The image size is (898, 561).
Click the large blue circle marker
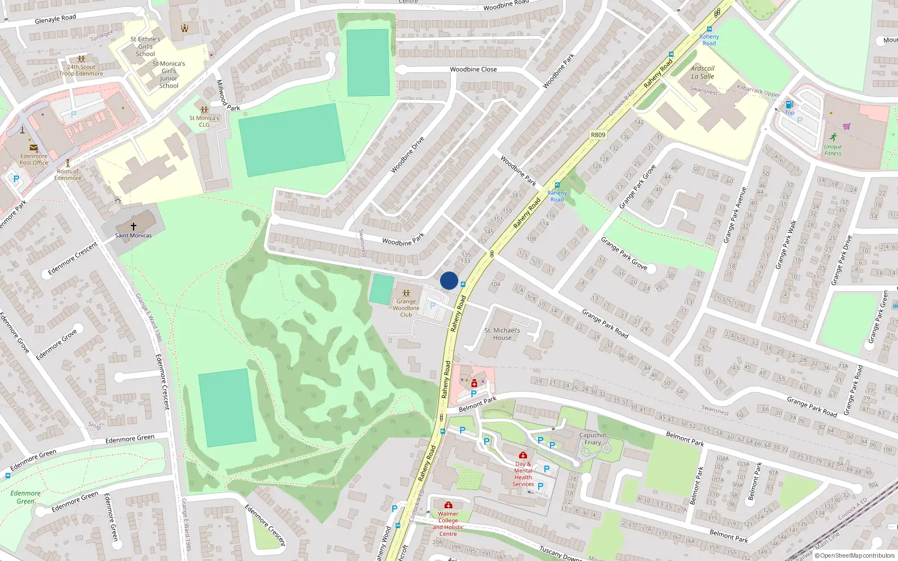(449, 280)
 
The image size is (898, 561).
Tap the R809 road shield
(598, 135)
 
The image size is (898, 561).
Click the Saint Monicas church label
(133, 236)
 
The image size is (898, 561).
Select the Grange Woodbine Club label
(406, 308)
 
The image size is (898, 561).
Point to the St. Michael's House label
(502, 334)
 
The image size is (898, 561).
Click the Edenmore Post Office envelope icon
(34, 148)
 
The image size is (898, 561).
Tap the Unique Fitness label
(833, 150)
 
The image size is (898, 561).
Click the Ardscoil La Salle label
(703, 72)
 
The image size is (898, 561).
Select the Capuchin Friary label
(593, 439)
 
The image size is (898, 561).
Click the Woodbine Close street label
(473, 70)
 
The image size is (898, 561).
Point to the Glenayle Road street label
(55, 19)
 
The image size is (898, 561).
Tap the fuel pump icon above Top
(789, 104)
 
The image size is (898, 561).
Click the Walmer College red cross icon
(448, 505)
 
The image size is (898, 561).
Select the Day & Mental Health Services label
(523, 474)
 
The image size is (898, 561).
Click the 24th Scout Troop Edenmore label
(81, 70)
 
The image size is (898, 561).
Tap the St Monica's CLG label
(204, 121)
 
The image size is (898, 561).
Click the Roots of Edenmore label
(68, 174)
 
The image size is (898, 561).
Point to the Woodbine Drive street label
(407, 154)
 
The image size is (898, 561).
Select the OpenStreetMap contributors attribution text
(857, 556)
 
